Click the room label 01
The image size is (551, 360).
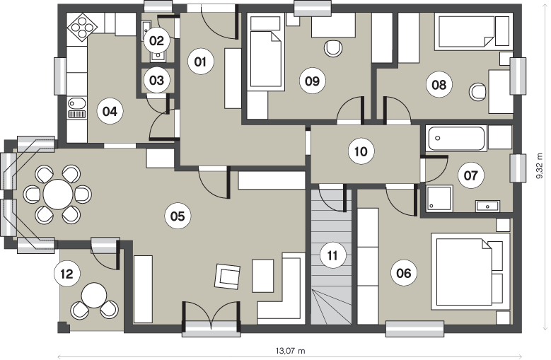tap(200, 62)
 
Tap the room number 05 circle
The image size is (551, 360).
tap(178, 216)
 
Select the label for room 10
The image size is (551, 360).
tap(361, 151)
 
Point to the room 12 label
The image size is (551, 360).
tap(66, 274)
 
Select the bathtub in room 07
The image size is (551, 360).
tap(456, 139)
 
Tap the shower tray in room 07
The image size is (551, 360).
tap(439, 198)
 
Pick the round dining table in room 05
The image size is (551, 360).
tap(58, 194)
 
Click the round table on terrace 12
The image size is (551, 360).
tap(94, 296)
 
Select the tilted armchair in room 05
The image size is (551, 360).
tap(228, 276)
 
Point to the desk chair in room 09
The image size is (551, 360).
tap(332, 49)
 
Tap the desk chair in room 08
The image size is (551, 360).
tap(477, 92)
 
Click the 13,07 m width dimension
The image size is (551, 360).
tap(290, 351)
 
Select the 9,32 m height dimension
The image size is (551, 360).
tap(540, 166)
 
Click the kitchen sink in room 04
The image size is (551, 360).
tap(76, 108)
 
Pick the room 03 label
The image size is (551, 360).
tap(156, 81)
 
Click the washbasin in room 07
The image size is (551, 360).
tap(487, 206)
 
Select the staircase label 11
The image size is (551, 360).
tap(332, 255)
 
